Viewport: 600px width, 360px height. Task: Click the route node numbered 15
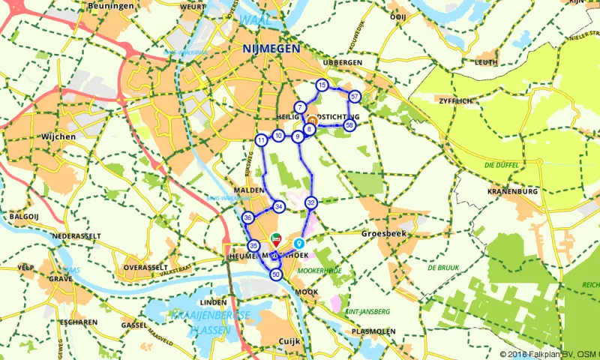coord(322,85)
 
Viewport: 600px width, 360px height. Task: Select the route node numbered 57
coord(355,96)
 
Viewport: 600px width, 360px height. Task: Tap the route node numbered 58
coord(349,125)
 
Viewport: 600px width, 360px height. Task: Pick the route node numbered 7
coord(300,108)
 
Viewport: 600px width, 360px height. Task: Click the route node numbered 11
coord(261,140)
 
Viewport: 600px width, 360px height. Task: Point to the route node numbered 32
coord(311,202)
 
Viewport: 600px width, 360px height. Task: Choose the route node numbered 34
coord(279,207)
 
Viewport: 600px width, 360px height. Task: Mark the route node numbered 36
coord(248,217)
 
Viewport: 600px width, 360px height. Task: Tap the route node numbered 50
coord(277,275)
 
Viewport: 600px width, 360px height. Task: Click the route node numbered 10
coord(278,136)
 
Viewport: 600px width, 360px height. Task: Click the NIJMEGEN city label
coord(271,48)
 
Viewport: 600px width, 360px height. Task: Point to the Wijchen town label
coord(60,137)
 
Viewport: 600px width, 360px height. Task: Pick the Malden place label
coord(249,191)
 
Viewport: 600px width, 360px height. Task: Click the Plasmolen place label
coord(373,330)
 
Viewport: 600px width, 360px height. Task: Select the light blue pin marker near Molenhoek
coord(299,243)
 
